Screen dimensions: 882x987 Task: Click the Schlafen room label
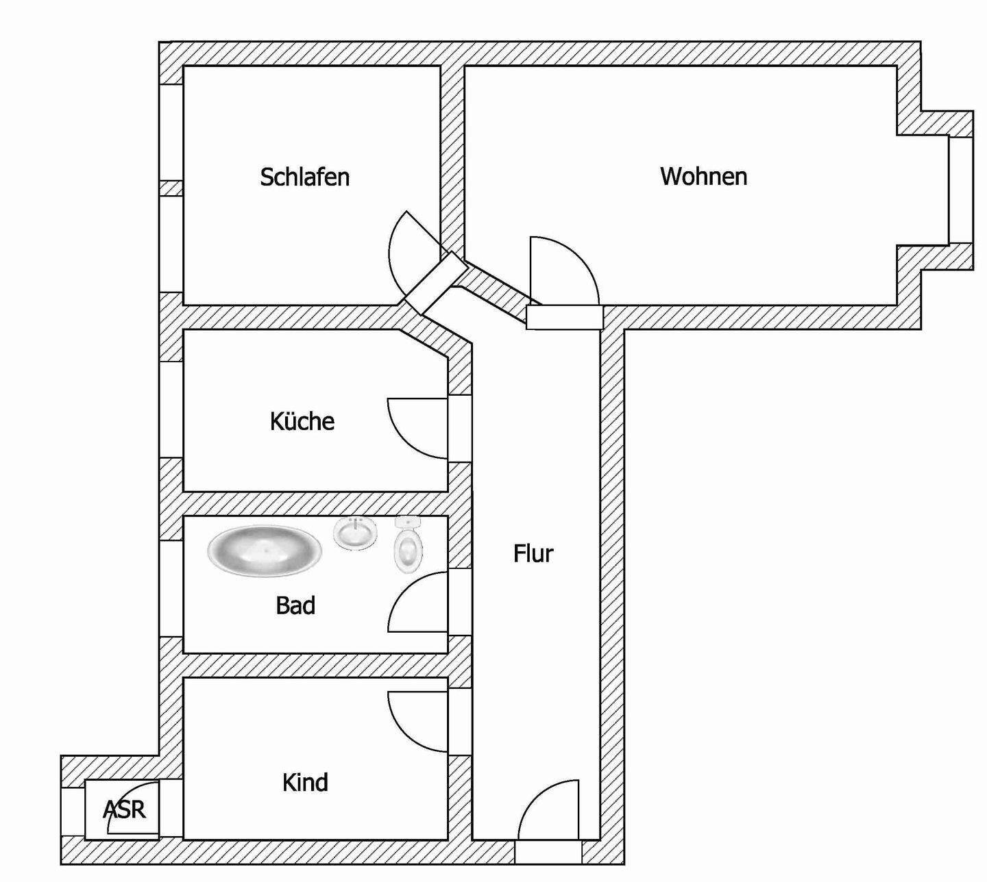point(305,177)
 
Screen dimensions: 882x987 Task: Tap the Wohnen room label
point(703,176)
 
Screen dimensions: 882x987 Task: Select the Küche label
point(302,420)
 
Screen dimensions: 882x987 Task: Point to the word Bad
point(295,605)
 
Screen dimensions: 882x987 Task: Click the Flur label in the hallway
point(533,553)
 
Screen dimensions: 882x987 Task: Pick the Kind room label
point(305,782)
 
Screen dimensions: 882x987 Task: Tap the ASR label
point(125,809)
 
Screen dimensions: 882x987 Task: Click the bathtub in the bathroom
point(264,550)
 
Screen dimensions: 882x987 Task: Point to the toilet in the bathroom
point(409,546)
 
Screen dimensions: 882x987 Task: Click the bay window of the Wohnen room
point(961,190)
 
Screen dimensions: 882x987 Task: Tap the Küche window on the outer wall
point(171,409)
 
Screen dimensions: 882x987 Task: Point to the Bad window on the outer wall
point(171,589)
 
